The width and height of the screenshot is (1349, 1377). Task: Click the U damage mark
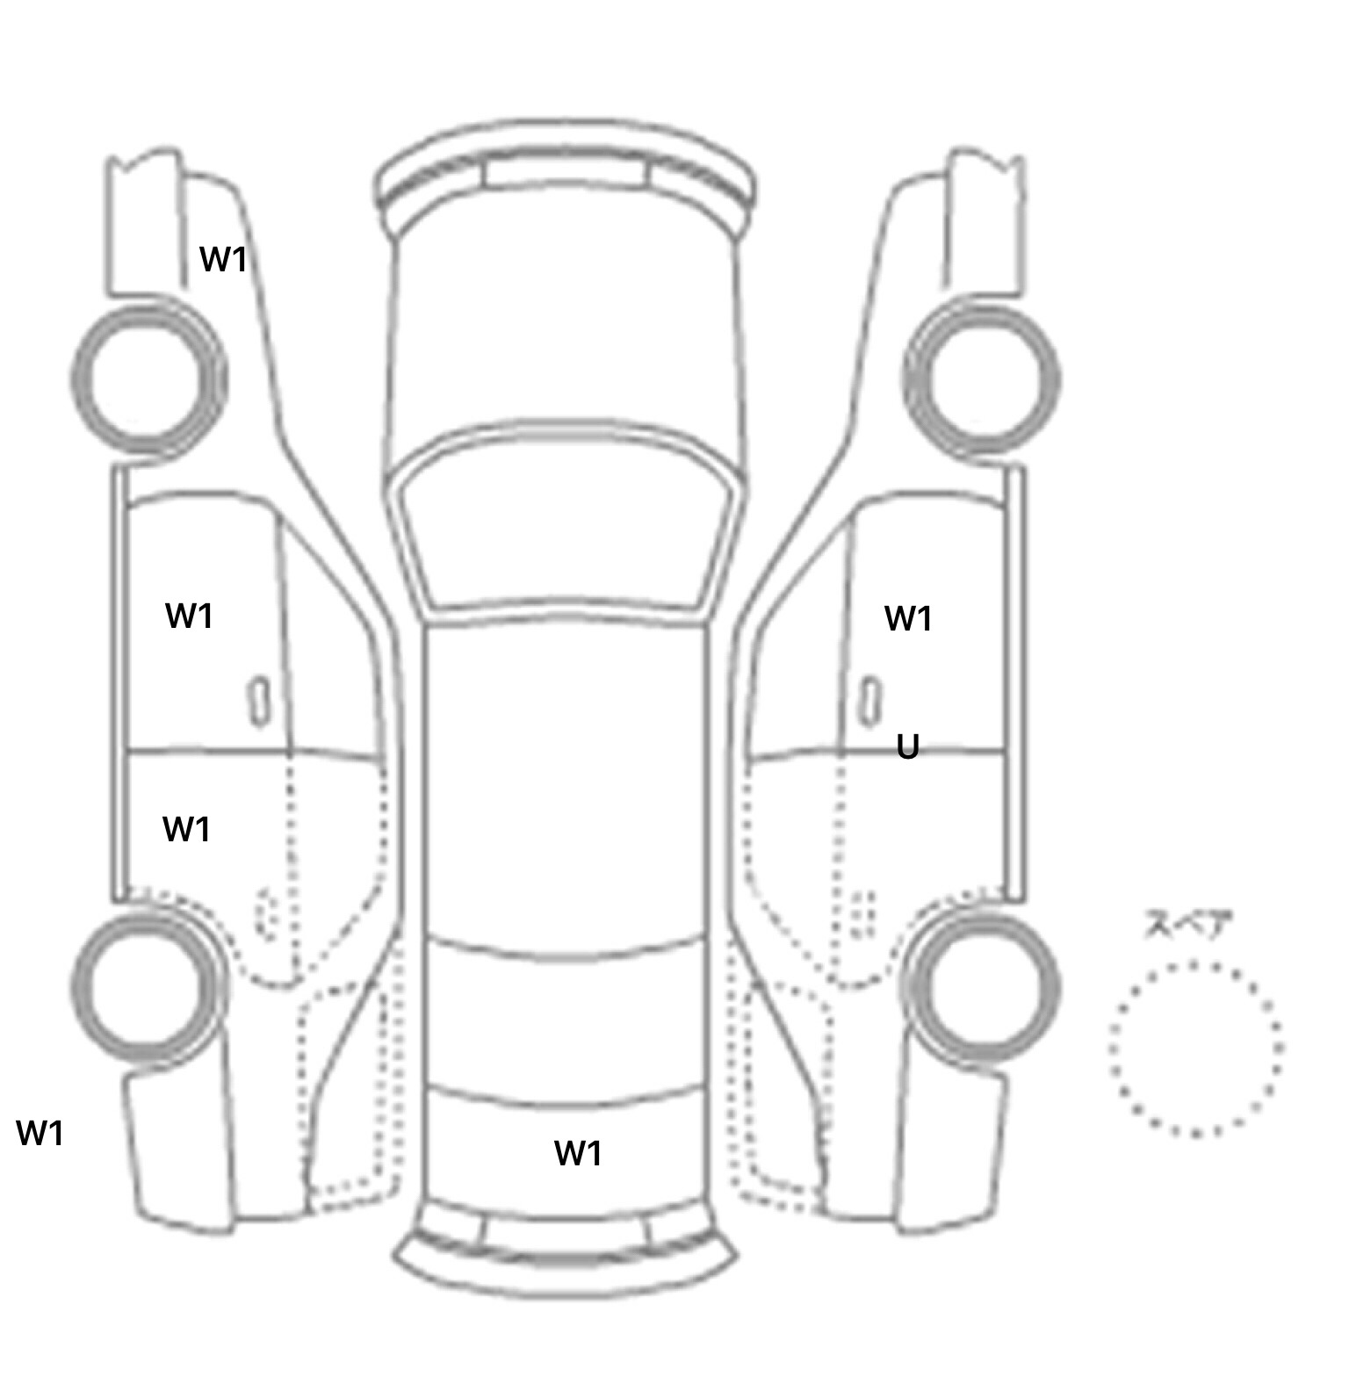tap(908, 747)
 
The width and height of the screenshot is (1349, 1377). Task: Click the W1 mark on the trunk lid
tap(578, 1153)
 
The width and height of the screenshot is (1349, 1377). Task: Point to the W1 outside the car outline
tap(40, 1133)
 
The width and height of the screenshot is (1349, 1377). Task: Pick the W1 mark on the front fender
tap(223, 259)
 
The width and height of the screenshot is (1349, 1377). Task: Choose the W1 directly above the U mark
tap(908, 619)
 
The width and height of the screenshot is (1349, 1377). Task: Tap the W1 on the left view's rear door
tap(186, 829)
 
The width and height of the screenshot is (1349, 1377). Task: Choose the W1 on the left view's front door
tap(190, 616)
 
